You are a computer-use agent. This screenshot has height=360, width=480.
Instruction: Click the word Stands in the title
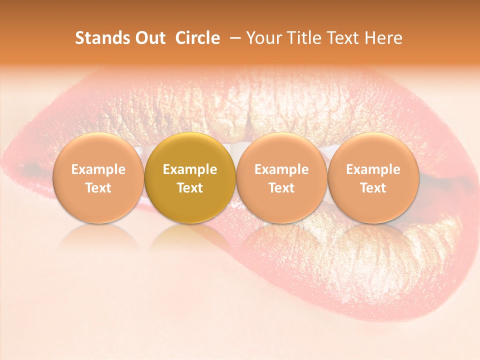pos(100,38)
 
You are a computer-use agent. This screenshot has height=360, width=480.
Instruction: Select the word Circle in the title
pos(197,38)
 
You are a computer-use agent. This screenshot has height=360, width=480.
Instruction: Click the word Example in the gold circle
pos(190,169)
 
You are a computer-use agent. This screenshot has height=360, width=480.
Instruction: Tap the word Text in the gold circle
pos(190,188)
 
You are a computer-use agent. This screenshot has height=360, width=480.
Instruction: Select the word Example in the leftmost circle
pos(98,169)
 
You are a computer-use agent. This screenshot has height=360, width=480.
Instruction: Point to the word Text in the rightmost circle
pos(373,188)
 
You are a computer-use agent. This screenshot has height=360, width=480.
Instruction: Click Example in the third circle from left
pos(281,169)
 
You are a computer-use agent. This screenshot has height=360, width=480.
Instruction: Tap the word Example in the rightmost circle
pos(373,169)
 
